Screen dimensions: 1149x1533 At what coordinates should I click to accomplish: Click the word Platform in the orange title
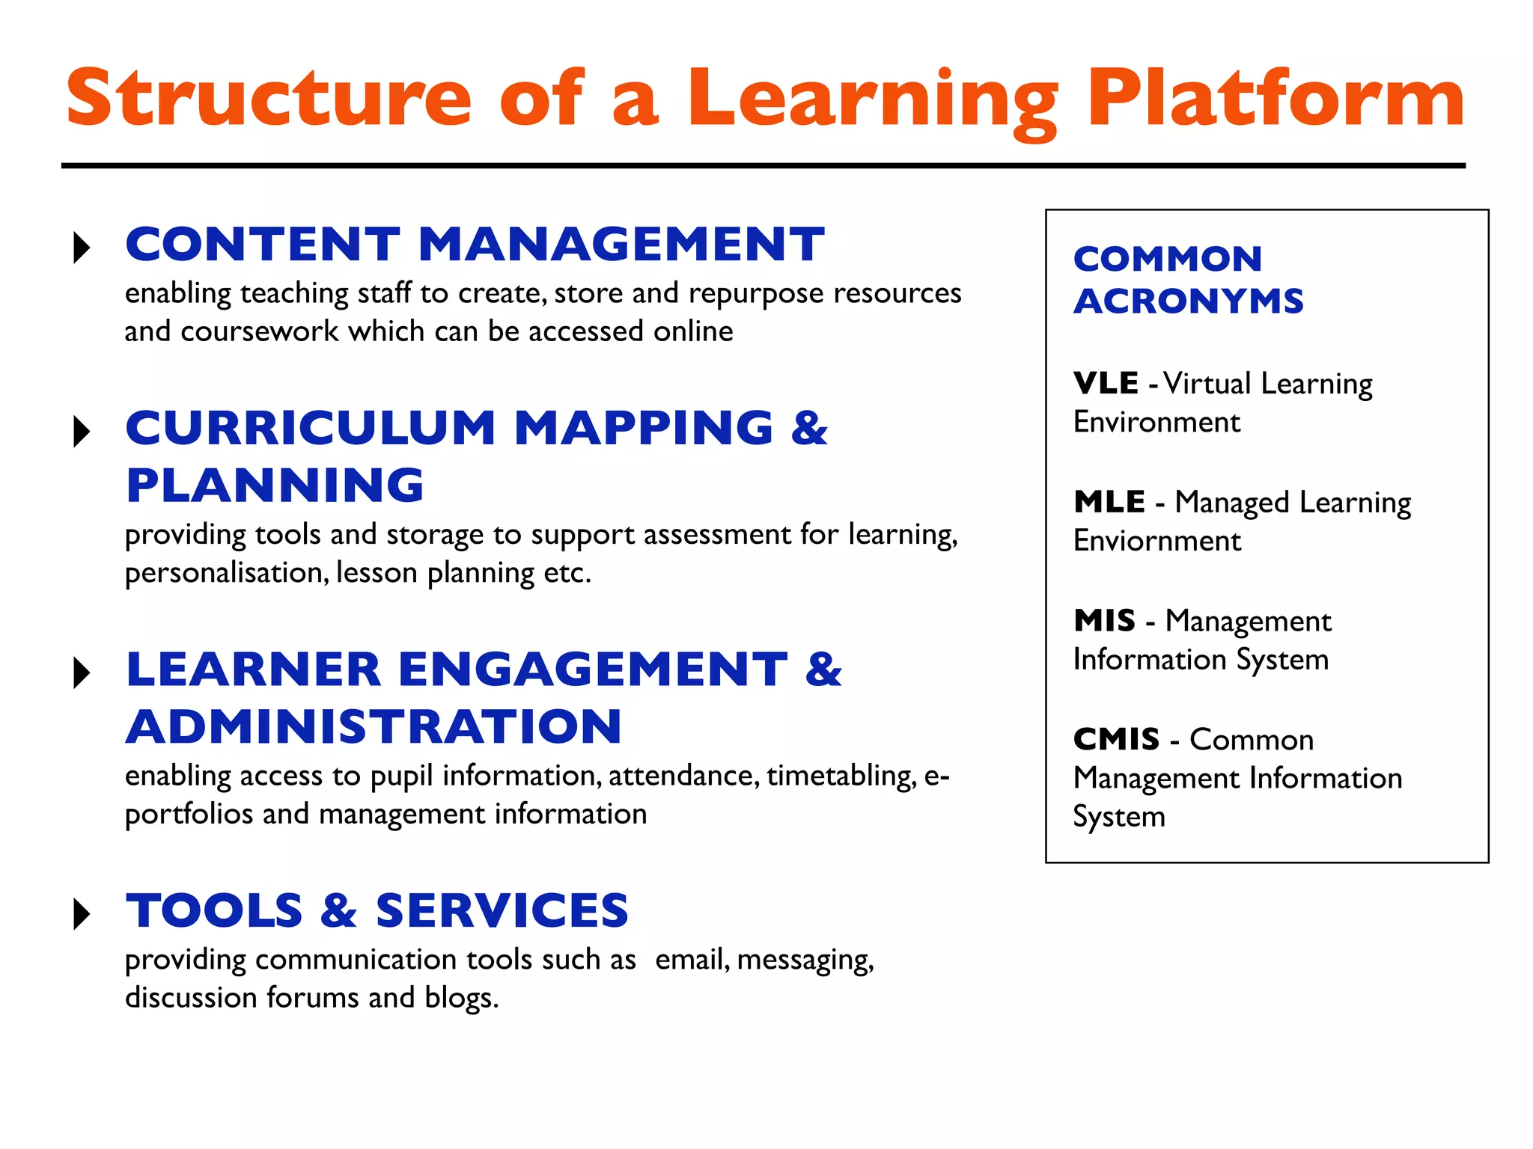coord(1275,99)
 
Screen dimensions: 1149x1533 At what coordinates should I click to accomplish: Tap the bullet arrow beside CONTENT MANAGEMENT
coord(82,248)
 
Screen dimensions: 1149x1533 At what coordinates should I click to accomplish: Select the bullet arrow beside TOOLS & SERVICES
coord(82,913)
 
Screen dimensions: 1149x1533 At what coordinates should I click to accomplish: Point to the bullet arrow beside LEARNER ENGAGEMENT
coord(82,672)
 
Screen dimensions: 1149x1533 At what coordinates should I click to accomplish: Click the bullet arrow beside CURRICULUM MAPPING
coord(82,432)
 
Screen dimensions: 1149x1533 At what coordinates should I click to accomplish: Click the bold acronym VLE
coord(1106,384)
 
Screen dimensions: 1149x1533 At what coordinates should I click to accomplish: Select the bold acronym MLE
coord(1109,502)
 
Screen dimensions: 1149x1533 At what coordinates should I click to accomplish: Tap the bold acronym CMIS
coord(1116,740)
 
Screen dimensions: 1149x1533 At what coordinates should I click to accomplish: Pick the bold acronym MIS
coord(1104,621)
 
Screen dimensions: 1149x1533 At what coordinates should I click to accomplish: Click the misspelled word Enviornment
coord(1157,541)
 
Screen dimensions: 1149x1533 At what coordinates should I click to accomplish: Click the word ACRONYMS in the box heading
coord(1189,301)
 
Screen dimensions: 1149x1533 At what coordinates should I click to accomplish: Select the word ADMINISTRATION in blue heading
coord(374,727)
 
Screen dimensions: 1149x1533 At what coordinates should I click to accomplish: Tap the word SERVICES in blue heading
coord(502,911)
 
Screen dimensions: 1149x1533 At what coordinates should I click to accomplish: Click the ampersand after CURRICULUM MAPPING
coord(809,428)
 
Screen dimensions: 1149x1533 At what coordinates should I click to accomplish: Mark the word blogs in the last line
coord(460,998)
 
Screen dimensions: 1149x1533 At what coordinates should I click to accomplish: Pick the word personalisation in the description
coord(225,574)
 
